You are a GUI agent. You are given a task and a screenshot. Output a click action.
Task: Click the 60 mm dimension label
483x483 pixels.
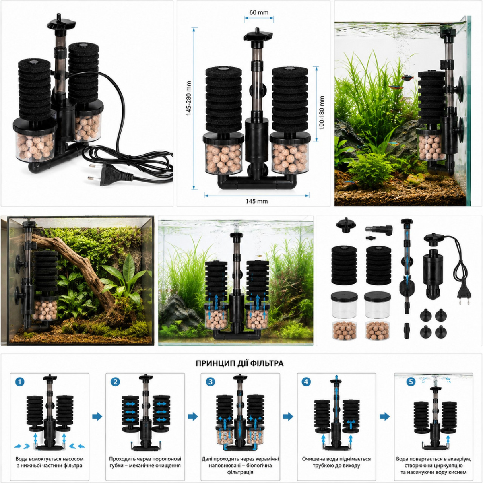[259, 12]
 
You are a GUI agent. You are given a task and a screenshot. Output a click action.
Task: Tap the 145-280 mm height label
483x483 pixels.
[188, 98]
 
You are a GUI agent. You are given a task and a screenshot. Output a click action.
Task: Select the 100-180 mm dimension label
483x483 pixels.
[322, 113]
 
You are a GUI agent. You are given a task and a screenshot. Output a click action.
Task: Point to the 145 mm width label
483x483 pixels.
[257, 201]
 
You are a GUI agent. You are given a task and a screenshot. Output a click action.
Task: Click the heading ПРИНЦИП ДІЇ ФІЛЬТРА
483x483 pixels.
[239, 363]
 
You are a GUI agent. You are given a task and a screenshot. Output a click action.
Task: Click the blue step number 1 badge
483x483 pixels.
[20, 382]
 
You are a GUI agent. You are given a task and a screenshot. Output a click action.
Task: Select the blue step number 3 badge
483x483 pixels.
[211, 382]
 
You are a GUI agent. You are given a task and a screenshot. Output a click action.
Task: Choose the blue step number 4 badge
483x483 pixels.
[306, 382]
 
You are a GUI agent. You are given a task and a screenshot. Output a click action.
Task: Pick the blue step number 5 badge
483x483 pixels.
[411, 382]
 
